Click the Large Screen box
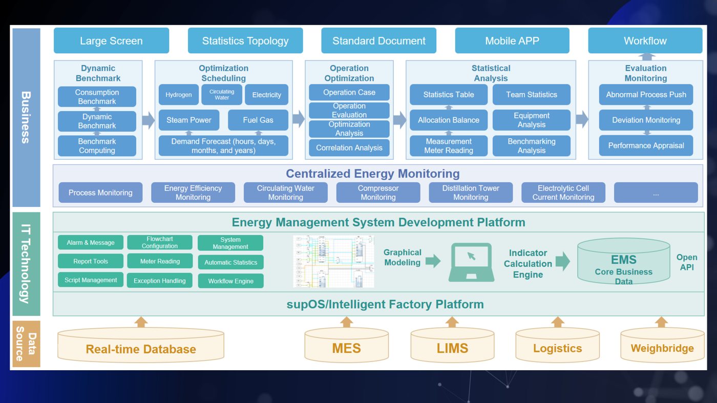pyautogui.click(x=111, y=41)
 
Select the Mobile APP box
pyautogui.click(x=512, y=41)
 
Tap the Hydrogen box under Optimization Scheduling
pyautogui.click(x=179, y=95)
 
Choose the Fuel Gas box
pyautogui.click(x=258, y=120)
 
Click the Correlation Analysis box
pyautogui.click(x=349, y=147)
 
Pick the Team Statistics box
pyautogui.click(x=532, y=95)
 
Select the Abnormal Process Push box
pyautogui.click(x=646, y=95)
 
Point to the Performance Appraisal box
pyautogui.click(x=646, y=145)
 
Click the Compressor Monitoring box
pyautogui.click(x=378, y=193)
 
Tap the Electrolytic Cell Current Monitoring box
pyautogui.click(x=563, y=193)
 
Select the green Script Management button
pyautogui.click(x=91, y=280)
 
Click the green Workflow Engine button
pyautogui.click(x=230, y=281)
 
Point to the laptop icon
pyautogui.click(x=471, y=262)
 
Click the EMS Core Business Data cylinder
pyautogui.click(x=623, y=262)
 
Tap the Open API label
pyautogui.click(x=687, y=262)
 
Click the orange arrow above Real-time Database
pyautogui.click(x=141, y=322)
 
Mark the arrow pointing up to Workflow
pyautogui.click(x=647, y=56)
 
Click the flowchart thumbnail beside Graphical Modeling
pyautogui.click(x=333, y=261)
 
